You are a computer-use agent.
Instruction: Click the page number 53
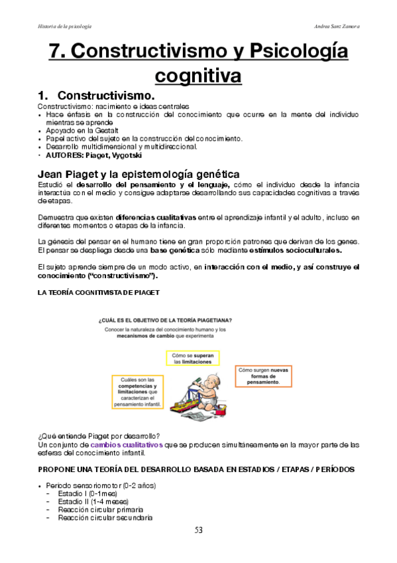pos(198,529)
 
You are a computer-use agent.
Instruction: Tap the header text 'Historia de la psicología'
pos(64,26)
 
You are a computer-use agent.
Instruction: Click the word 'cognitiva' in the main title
pos(198,76)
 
